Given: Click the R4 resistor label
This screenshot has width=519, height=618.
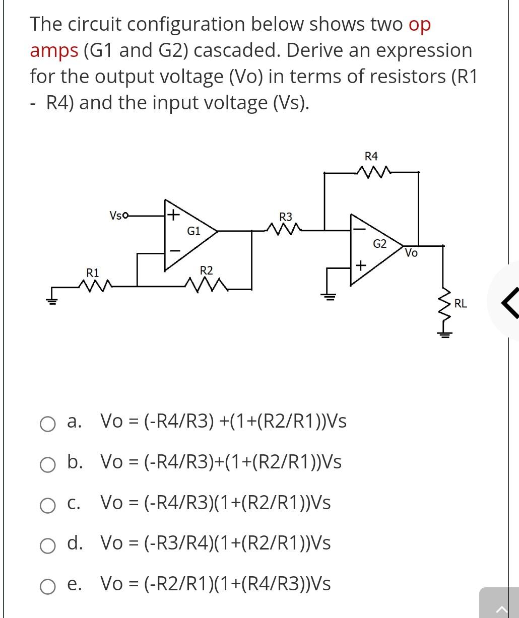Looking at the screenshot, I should (x=371, y=155).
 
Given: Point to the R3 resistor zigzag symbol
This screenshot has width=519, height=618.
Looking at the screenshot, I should (x=286, y=231).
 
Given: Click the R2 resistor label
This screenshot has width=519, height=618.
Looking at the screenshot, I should (x=207, y=271).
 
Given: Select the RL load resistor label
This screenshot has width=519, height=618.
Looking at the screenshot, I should (x=461, y=303).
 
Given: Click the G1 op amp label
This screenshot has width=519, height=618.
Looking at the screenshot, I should (x=193, y=232).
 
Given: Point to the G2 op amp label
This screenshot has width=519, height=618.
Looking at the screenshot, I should (x=379, y=244).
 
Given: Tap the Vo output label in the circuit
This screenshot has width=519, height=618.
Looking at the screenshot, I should (x=411, y=253).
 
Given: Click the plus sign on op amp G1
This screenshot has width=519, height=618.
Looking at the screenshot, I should (x=173, y=216).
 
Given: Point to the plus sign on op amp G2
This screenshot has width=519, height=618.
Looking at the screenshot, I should (x=360, y=265).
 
